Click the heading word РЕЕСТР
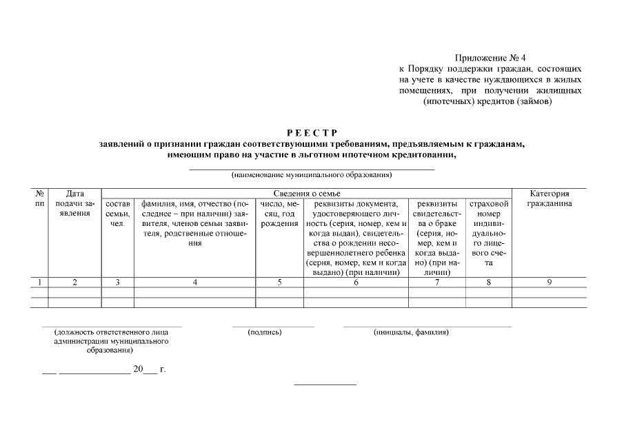coord(312,133)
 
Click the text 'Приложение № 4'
coord(491,58)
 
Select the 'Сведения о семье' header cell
coord(307,194)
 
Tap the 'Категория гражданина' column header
coord(549,199)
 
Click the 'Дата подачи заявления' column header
coord(74,204)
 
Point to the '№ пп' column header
coord(40,199)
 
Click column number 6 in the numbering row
coord(356,282)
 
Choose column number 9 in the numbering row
coord(549,282)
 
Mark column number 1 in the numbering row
coord(40,282)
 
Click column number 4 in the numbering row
coord(195,282)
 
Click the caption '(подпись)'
coord(265,332)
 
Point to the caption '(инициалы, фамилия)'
coord(411,332)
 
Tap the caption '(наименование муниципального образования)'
coord(312,174)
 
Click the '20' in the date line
coord(138,369)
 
